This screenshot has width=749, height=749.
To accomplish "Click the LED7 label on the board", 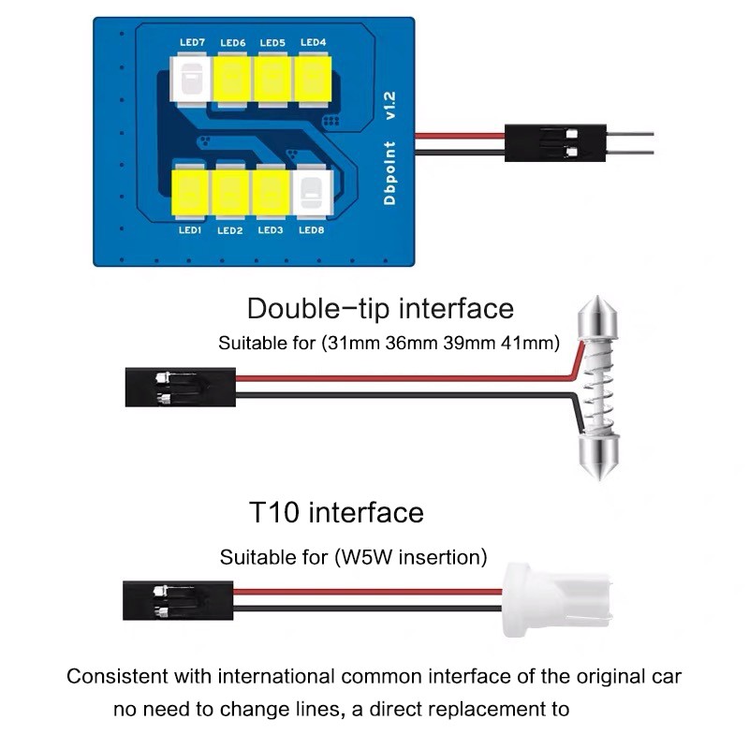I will click(x=192, y=43).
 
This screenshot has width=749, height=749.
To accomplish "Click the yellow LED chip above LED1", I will click(x=191, y=191).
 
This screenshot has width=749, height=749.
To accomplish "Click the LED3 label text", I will click(x=271, y=230).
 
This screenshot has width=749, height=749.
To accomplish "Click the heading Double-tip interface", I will click(x=380, y=308).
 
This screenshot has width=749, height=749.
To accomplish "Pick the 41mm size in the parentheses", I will click(x=531, y=343).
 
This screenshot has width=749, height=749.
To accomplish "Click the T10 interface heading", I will click(x=336, y=513).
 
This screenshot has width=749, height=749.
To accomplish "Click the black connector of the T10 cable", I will click(x=178, y=600).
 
